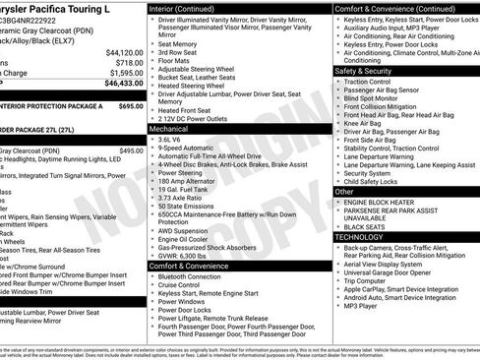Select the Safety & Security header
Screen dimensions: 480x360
click(364, 72)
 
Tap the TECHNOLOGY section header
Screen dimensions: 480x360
click(358, 237)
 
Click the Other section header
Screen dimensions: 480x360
click(345, 193)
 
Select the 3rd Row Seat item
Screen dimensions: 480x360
click(179, 53)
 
